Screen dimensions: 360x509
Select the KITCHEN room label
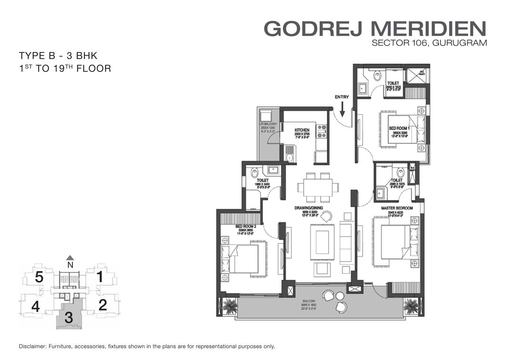point(302,130)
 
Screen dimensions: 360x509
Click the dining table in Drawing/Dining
point(314,187)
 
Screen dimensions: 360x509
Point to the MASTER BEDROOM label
point(396,209)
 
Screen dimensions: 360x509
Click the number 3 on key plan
point(69,318)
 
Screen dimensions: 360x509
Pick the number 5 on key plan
point(40,277)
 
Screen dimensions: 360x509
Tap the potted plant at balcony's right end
point(410,304)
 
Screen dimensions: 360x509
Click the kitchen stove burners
point(322,131)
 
